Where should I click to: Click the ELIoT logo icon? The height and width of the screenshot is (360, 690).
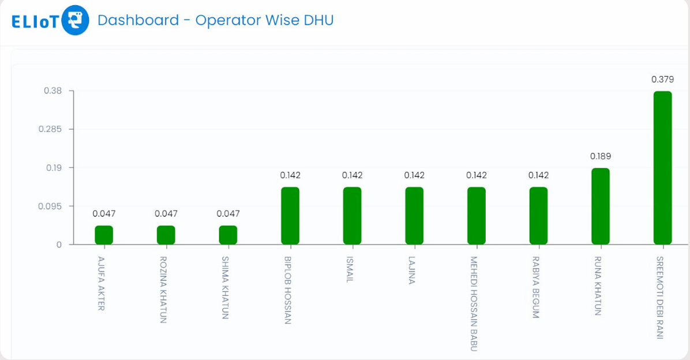tap(75, 20)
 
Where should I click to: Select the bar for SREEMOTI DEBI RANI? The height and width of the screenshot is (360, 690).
tap(662, 167)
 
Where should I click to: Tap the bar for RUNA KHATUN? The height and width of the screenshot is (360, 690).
tap(600, 206)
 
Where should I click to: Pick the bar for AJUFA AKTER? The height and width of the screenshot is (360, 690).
tap(104, 235)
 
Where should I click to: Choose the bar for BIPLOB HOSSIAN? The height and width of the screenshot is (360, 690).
tap(290, 215)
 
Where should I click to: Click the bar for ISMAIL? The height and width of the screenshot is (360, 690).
tap(352, 215)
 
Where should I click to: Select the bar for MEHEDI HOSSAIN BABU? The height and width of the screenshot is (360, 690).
tap(476, 215)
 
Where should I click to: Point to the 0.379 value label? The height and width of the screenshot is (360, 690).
tap(662, 80)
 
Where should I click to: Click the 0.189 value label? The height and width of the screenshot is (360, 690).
tap(600, 156)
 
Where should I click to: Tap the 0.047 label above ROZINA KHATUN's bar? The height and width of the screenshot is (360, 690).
tap(166, 214)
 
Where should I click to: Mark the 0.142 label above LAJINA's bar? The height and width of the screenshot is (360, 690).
tap(414, 175)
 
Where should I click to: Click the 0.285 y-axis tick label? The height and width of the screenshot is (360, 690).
tap(50, 129)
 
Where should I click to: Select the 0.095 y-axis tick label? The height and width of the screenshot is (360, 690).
tap(50, 206)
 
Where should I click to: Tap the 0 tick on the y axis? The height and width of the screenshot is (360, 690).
tap(58, 245)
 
